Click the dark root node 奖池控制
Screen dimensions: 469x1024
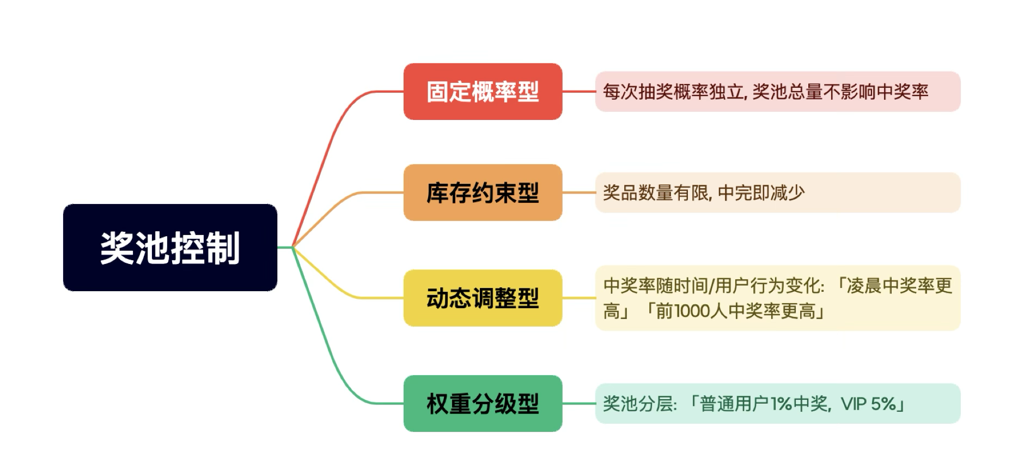[x=170, y=248]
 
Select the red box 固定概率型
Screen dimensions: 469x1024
[x=483, y=92]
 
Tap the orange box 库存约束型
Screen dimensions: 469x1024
[x=483, y=193]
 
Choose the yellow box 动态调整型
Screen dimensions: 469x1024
[x=483, y=298]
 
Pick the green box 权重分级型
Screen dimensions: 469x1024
[x=483, y=404]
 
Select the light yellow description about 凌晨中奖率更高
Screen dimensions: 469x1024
[x=777, y=298]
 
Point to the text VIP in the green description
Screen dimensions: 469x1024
[x=854, y=404]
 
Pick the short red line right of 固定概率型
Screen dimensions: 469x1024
[x=578, y=92]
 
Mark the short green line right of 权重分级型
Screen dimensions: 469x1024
[x=578, y=404]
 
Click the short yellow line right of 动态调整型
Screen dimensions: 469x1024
[x=578, y=298]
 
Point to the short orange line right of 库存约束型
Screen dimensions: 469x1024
[x=578, y=193]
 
